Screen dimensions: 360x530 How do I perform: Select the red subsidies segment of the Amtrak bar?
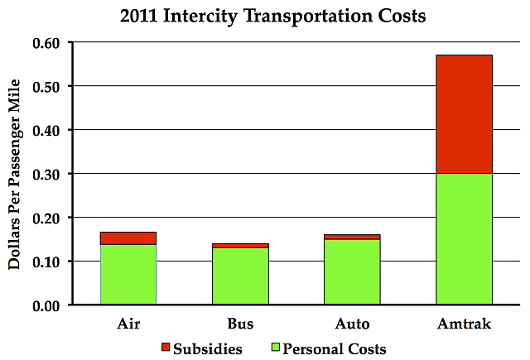point(464,114)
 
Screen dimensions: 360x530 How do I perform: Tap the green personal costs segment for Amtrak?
point(464,239)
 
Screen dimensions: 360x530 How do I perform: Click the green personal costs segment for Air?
point(128,275)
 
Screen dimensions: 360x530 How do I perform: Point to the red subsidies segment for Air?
point(128,238)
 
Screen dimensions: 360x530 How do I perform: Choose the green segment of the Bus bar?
point(240,276)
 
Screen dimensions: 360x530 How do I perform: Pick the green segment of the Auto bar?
point(352,272)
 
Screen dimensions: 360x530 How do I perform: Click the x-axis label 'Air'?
point(128,323)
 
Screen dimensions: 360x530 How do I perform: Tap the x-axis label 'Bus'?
point(240,323)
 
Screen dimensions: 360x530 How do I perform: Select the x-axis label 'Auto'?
point(352,323)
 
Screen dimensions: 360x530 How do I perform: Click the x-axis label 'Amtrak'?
point(464,323)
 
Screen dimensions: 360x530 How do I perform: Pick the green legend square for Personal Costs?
point(275,348)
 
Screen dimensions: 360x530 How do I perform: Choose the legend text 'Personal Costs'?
point(335,348)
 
